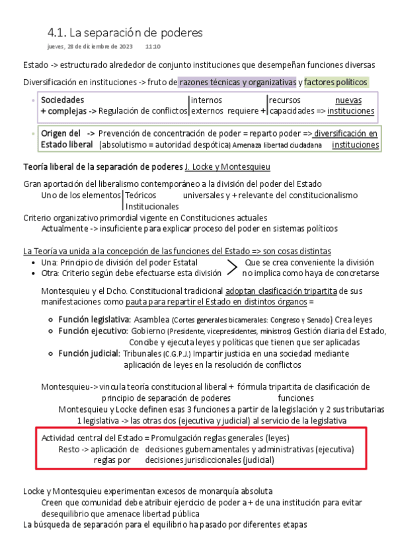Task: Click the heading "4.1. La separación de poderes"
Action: (125, 32)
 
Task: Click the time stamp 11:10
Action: (153, 47)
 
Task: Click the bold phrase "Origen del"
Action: (61, 133)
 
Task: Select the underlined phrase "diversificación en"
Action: (346, 133)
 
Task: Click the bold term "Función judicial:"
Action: (89, 354)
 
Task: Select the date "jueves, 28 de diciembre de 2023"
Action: (91, 47)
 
